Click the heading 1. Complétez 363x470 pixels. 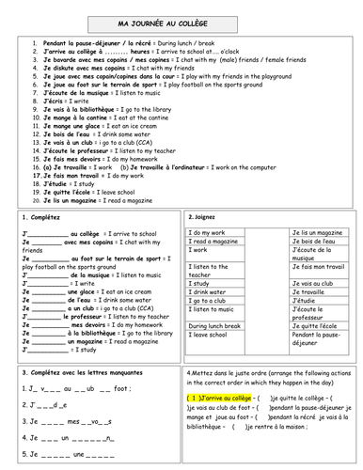coord(41,217)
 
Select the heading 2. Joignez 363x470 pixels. coord(207,217)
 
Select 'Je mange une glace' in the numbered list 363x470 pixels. coord(71,124)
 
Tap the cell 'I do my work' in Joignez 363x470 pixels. coord(213,231)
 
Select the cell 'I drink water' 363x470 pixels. coord(212,291)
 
